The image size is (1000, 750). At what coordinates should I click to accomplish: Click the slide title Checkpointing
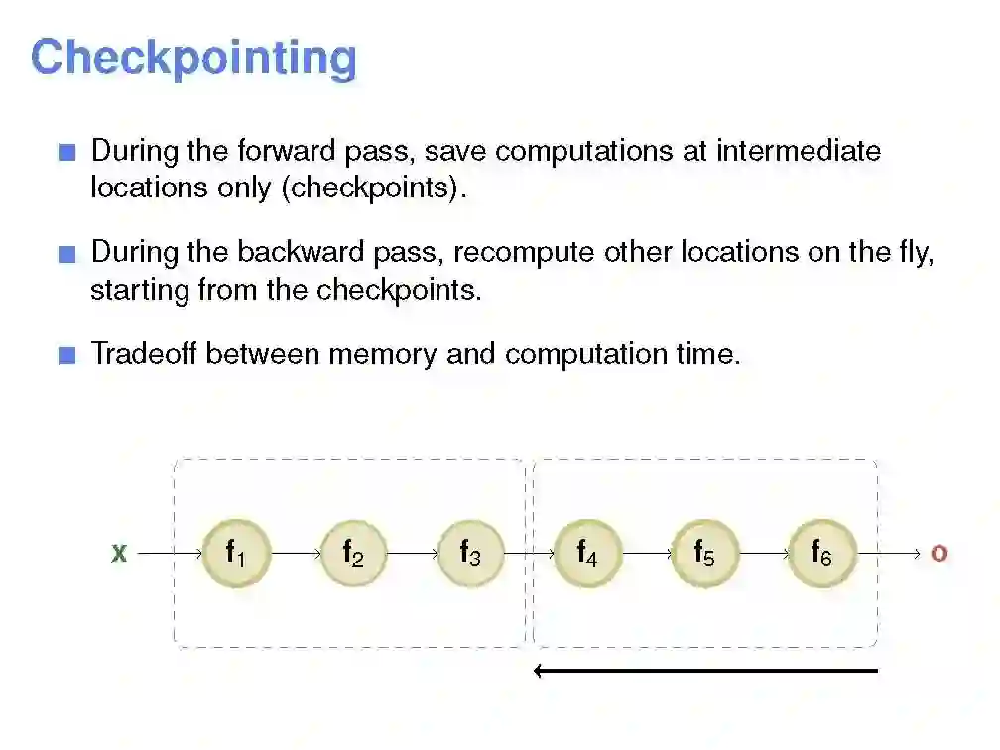[x=193, y=58]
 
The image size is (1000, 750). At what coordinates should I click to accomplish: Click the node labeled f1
[x=235, y=553]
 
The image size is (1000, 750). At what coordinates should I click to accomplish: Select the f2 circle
[x=353, y=553]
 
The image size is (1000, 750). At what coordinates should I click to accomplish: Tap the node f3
[x=470, y=553]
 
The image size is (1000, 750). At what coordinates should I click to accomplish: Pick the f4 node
[x=587, y=553]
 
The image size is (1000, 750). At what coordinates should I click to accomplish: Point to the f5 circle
[x=704, y=553]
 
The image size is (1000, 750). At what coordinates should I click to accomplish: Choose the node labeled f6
[x=821, y=553]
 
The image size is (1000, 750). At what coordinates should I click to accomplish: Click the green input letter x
[x=119, y=554]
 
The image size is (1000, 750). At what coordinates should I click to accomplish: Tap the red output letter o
[x=938, y=554]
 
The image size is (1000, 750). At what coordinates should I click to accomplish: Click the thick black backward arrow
[x=705, y=671]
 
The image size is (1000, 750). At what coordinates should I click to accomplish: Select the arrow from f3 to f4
[x=529, y=553]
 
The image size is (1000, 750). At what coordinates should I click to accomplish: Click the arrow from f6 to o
[x=889, y=553]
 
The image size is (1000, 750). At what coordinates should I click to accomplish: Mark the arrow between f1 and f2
[x=295, y=553]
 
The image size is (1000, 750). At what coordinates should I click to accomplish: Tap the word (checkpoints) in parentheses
[x=374, y=187]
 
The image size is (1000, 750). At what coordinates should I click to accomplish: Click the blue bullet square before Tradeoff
[x=67, y=355]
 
